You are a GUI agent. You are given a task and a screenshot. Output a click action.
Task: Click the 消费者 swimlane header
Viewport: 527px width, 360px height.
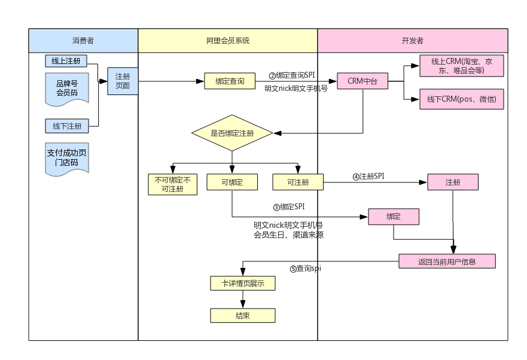pyautogui.click(x=83, y=41)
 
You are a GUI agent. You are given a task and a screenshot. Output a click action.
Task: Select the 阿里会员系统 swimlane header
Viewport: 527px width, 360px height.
pyautogui.click(x=227, y=41)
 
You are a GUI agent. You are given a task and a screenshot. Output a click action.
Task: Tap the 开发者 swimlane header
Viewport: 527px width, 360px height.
pyautogui.click(x=412, y=41)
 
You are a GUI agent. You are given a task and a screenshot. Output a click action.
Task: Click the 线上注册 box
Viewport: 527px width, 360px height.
pyautogui.click(x=66, y=61)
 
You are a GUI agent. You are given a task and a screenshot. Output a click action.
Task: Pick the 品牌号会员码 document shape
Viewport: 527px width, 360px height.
pyautogui.click(x=67, y=89)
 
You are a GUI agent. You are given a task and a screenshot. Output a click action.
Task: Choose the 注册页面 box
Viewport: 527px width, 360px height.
pyautogui.click(x=123, y=81)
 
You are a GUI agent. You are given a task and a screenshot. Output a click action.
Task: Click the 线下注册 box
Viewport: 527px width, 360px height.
pyautogui.click(x=67, y=126)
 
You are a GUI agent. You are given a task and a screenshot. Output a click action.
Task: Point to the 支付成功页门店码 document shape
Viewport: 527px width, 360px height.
pyautogui.click(x=67, y=158)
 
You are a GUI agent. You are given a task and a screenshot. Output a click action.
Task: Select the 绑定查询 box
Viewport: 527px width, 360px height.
pyautogui.click(x=230, y=81)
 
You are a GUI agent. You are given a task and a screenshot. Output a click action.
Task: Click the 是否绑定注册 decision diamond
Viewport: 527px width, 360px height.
pyautogui.click(x=232, y=133)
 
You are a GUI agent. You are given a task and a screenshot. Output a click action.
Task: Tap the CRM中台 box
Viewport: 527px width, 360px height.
pyautogui.click(x=362, y=81)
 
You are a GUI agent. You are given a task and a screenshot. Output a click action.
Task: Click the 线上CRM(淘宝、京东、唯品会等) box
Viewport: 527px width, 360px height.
pyautogui.click(x=461, y=66)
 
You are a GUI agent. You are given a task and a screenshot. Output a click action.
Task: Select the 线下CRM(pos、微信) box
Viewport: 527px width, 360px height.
pyautogui.click(x=461, y=99)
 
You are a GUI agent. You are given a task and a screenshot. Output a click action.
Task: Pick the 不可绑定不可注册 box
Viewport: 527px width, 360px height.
pyautogui.click(x=173, y=184)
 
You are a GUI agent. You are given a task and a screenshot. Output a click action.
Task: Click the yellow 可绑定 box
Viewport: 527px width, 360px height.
pyautogui.click(x=232, y=182)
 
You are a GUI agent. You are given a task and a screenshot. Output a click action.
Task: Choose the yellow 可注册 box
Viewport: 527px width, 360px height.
pyautogui.click(x=298, y=182)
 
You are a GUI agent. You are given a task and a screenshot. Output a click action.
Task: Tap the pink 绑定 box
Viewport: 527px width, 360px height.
pyautogui.click(x=394, y=216)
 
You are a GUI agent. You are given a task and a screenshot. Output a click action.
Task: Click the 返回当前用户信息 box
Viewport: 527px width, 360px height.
pyautogui.click(x=447, y=261)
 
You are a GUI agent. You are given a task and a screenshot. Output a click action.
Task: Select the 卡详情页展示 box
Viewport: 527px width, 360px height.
pyautogui.click(x=243, y=283)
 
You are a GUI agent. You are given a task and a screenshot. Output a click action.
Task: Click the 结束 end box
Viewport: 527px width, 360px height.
pyautogui.click(x=243, y=316)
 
